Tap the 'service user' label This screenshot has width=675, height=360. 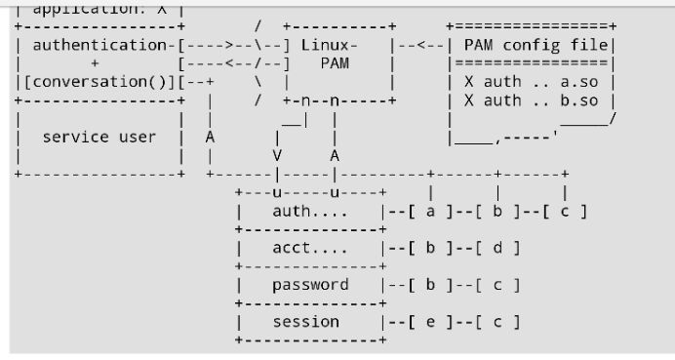click(x=99, y=137)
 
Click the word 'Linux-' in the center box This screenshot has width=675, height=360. click(x=329, y=45)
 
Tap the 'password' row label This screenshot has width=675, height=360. click(x=310, y=285)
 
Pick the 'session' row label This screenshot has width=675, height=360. click(x=306, y=322)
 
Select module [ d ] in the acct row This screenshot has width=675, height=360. click(x=498, y=248)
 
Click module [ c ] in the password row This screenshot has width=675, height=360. click(x=498, y=285)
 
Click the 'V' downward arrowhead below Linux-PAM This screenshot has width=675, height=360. click(x=277, y=155)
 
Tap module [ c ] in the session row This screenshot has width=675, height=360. click(x=498, y=322)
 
